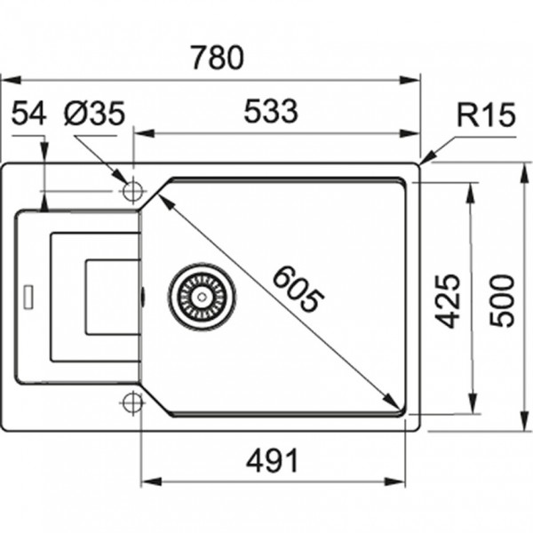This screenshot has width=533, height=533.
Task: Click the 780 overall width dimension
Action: coord(218,58)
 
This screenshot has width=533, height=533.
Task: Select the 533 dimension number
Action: coord(271,111)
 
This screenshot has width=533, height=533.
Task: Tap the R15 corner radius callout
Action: coord(486,115)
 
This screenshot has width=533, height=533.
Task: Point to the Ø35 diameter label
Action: coord(94,113)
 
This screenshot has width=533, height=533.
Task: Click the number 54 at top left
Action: coord(28,113)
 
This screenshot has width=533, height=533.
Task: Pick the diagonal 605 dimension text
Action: coord(298,289)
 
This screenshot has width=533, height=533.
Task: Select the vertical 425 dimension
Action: coord(448,301)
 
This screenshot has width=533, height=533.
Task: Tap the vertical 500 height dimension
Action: coord(503,301)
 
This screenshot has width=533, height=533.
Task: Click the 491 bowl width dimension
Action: coord(272,460)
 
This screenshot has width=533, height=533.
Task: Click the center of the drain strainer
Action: coord(202,297)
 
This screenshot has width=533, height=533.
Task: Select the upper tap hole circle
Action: coord(133,191)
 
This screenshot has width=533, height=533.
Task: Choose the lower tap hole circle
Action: coord(132,402)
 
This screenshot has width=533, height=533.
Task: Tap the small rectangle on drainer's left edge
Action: coord(28,297)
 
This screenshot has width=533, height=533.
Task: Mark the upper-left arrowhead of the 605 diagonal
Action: coord(165,203)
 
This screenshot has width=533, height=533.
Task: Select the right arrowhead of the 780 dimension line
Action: coord(410,80)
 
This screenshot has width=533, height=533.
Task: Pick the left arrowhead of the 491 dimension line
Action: coord(152,481)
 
